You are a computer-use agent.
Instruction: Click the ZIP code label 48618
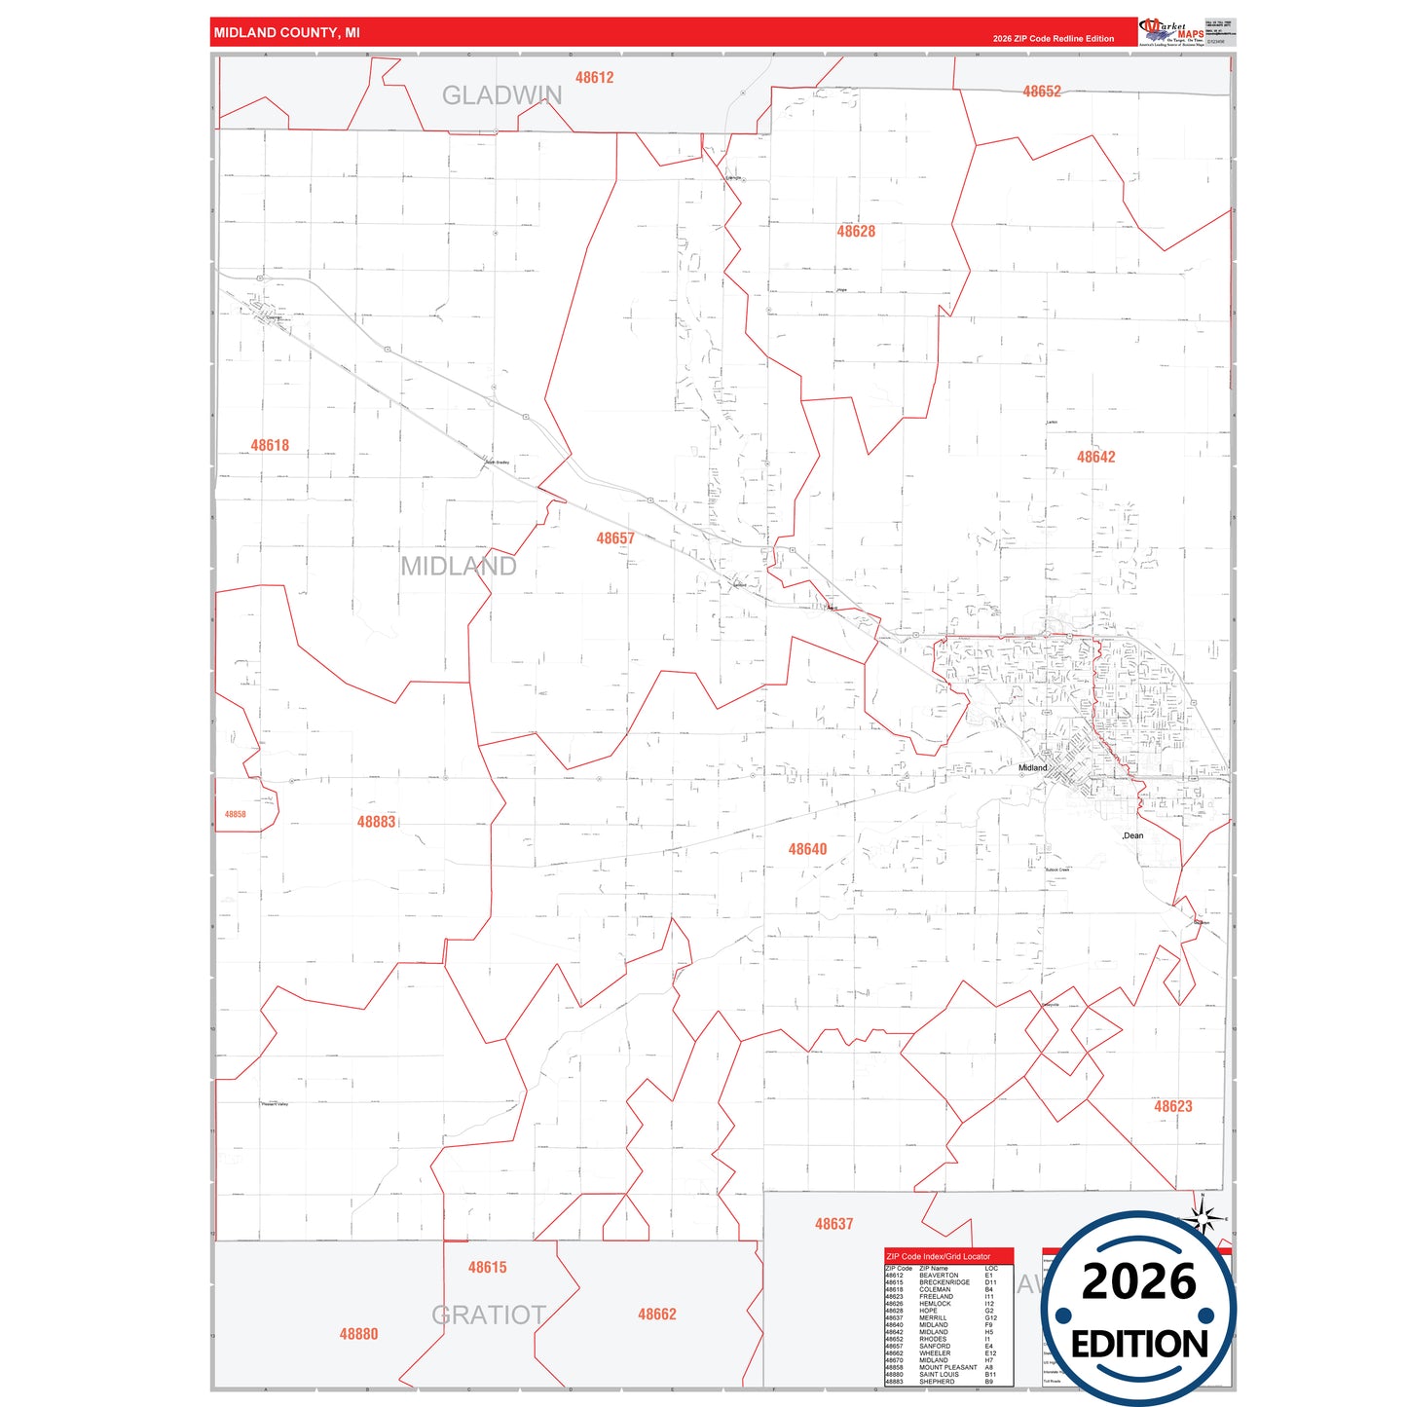(x=270, y=446)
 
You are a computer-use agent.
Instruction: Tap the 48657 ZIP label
(x=615, y=538)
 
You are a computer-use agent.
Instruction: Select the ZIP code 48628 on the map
(x=856, y=232)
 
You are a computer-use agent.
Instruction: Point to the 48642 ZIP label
(x=1095, y=457)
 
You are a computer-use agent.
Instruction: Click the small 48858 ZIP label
(x=236, y=814)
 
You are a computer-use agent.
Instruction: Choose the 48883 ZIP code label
(x=376, y=822)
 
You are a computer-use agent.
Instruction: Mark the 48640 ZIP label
(x=807, y=849)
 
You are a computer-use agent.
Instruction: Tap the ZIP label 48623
(x=1172, y=1106)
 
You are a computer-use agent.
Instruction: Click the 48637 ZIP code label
(x=833, y=1224)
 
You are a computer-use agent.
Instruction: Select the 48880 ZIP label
(x=358, y=1334)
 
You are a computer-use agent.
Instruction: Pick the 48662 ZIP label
(x=656, y=1314)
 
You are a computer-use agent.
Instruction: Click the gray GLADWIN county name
(x=501, y=95)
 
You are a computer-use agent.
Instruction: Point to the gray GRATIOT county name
(x=489, y=1315)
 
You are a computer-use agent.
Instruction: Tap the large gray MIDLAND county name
(x=459, y=566)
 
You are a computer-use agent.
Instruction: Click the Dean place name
(x=1133, y=835)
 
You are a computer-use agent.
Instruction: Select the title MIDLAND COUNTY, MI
(x=286, y=33)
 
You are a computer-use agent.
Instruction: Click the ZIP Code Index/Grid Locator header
(x=938, y=1256)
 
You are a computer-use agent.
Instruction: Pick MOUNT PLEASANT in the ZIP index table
(x=947, y=1367)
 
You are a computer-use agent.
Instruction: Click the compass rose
(x=1203, y=1217)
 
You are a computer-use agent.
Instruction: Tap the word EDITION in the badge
(x=1139, y=1345)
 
